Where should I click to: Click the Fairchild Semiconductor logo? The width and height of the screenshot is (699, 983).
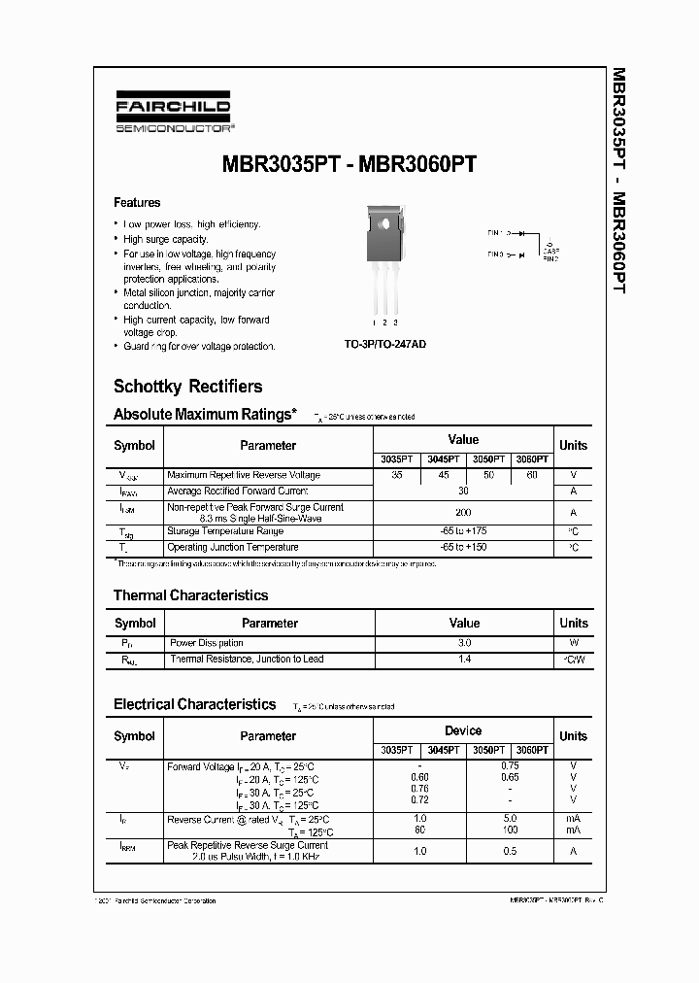(x=173, y=115)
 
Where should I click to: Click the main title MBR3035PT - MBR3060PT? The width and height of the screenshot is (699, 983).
(x=349, y=164)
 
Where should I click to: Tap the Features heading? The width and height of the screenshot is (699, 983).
(x=137, y=203)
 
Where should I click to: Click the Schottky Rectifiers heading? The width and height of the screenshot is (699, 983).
(x=187, y=387)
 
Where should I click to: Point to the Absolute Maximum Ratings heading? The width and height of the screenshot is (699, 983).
(x=205, y=415)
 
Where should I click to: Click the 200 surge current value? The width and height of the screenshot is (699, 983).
(x=463, y=512)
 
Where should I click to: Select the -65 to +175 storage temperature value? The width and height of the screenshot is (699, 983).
(x=463, y=531)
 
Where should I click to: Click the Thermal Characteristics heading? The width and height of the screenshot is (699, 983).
(x=190, y=595)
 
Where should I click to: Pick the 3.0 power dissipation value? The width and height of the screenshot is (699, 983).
(x=464, y=643)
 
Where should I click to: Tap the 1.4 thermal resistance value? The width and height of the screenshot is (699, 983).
(x=464, y=660)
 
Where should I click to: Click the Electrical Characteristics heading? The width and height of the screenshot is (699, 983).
(x=194, y=704)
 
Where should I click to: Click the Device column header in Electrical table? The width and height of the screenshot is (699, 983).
(x=463, y=730)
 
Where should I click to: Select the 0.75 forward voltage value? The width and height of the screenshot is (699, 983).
(x=510, y=765)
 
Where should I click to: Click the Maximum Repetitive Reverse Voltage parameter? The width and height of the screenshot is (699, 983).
(x=244, y=475)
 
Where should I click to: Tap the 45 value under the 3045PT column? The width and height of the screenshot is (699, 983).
(x=443, y=475)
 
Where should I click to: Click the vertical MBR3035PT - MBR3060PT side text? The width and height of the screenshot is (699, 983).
(x=618, y=182)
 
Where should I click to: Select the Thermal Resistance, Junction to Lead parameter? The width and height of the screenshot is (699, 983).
(x=247, y=660)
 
